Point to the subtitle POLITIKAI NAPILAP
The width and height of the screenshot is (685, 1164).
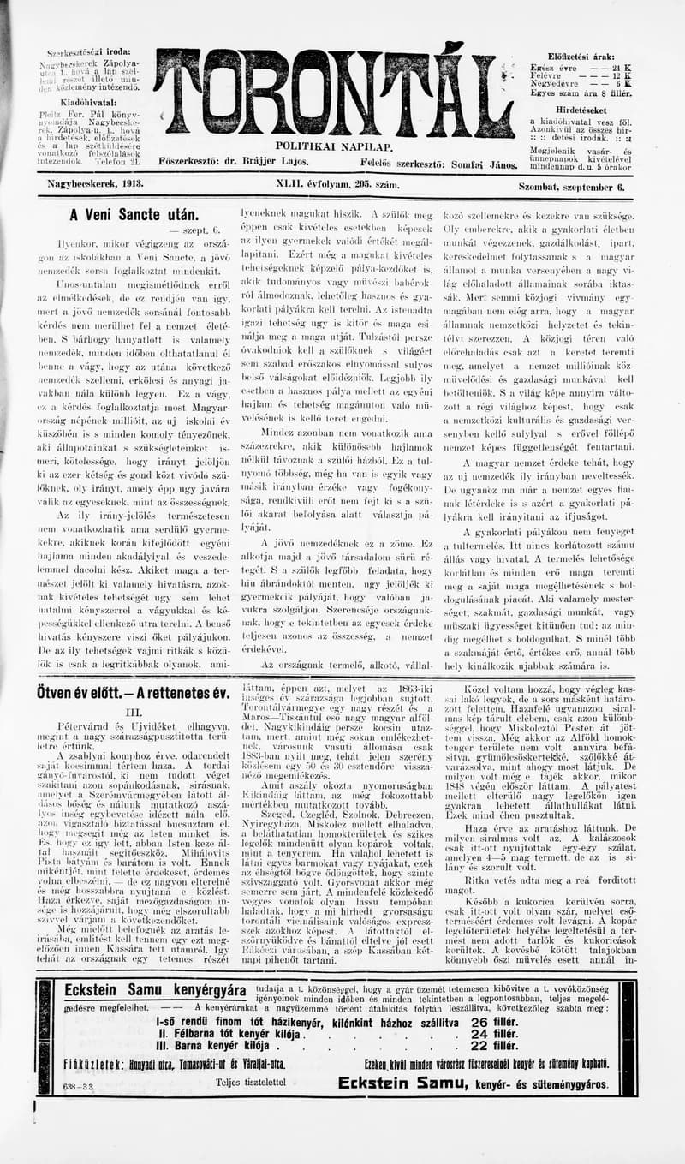tap(334, 147)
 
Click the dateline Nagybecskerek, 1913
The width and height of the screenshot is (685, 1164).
tap(94, 183)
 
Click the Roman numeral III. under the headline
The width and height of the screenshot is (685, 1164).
tap(133, 712)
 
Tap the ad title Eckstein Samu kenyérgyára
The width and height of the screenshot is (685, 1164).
tap(155, 990)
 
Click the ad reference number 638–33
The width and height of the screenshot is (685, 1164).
tap(78, 1084)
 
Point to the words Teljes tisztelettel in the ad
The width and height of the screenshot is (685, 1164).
tap(250, 1082)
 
